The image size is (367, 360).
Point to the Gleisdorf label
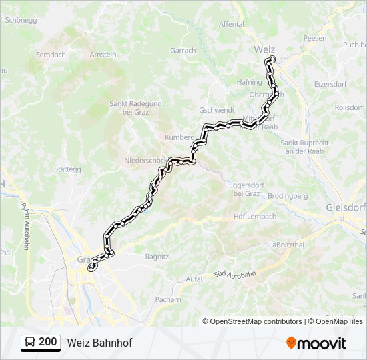coord(346,207)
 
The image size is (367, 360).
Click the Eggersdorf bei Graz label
coord(246,189)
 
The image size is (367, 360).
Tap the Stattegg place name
coord(67,169)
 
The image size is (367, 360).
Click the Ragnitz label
coord(157,256)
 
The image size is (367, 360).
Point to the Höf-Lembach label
coord(251,217)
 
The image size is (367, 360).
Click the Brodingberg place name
coord(288,196)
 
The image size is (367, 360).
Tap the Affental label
coord(232,24)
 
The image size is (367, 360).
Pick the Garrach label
coord(183,50)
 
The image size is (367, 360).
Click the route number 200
coord(47,342)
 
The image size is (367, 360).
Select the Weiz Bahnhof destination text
coord(99,343)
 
